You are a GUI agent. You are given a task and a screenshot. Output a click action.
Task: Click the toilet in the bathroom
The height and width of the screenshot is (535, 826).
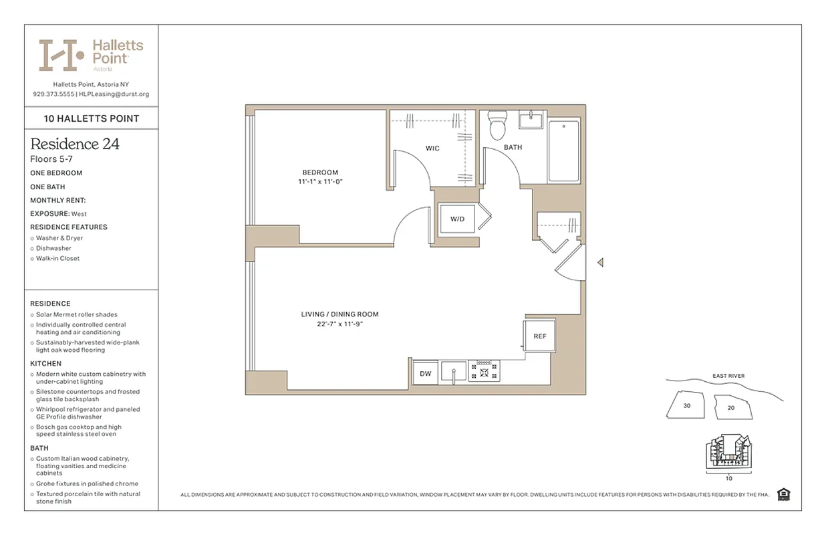(x=497, y=125)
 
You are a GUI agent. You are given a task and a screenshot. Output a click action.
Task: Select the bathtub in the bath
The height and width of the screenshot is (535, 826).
(x=564, y=152)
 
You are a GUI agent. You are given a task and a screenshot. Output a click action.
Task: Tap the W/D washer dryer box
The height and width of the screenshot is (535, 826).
(x=457, y=219)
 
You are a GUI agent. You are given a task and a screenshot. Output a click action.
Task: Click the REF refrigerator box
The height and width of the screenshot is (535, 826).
(x=539, y=336)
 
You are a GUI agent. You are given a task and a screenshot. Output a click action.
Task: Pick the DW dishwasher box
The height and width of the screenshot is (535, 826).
(x=426, y=373)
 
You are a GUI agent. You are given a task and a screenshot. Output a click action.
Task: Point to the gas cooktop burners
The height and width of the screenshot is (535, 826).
(x=484, y=370)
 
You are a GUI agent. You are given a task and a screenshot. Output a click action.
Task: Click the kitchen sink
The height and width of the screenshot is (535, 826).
(x=454, y=371)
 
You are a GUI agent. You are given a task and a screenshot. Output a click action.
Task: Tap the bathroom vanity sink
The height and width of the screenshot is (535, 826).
(x=533, y=120)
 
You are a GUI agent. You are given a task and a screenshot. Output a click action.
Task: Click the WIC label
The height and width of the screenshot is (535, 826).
(x=432, y=148)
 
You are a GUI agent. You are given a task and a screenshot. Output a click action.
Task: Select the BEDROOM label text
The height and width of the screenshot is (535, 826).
(x=320, y=173)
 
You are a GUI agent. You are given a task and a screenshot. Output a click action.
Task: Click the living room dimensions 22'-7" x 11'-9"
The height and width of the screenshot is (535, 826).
(x=339, y=324)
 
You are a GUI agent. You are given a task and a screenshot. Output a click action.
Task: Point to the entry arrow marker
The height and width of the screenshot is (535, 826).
(x=600, y=263)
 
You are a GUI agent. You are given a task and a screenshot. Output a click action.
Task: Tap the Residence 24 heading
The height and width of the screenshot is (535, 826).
(x=75, y=144)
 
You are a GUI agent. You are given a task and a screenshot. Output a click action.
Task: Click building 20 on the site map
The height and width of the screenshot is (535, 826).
(x=731, y=407)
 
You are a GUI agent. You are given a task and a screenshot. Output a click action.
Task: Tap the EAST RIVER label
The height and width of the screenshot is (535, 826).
(x=728, y=376)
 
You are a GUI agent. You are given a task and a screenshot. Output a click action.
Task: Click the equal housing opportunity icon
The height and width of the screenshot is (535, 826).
(x=784, y=494)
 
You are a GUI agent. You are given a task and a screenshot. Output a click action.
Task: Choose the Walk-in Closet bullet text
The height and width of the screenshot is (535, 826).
(x=57, y=258)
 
